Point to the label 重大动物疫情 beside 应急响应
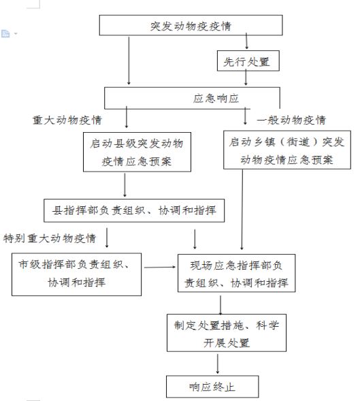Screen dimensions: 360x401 pos(67,120)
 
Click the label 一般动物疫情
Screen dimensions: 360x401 pos(291,120)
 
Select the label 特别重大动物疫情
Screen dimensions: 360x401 pos(50,238)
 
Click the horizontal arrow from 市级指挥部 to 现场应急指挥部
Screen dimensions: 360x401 pos(160,268)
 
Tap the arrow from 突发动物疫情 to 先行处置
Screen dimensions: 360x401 pos(246,41)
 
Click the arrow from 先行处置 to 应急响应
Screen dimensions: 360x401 pos(246,77)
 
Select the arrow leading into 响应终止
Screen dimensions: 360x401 pos(218,364)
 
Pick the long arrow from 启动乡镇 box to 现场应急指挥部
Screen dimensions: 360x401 pos(242,210)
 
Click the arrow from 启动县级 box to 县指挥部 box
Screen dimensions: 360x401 pos(125,185)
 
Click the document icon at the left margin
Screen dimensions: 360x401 pos(5,33)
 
